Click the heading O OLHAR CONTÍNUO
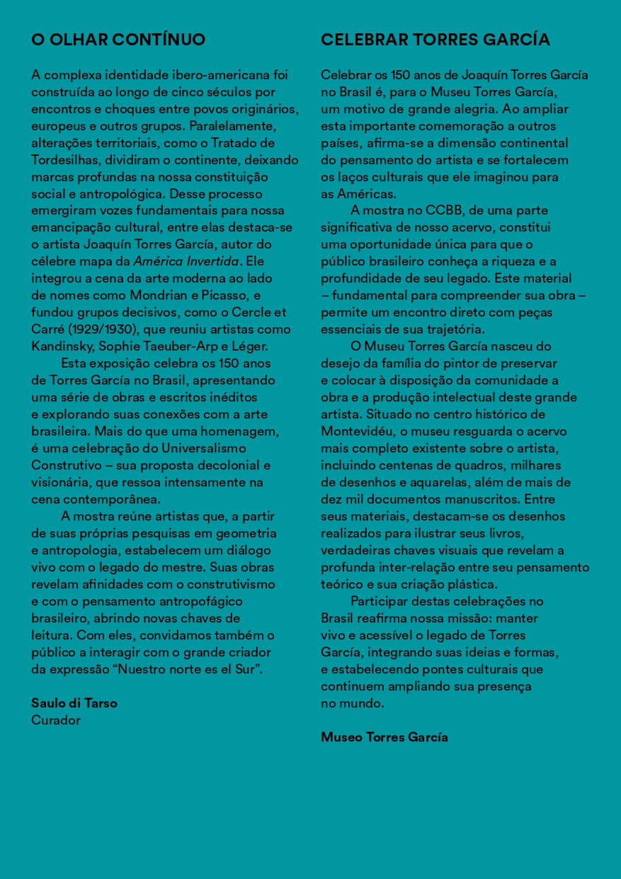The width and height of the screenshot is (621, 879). [118, 40]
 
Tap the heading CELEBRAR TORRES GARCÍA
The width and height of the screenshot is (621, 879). [435, 40]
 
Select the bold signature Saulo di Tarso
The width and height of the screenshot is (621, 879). [74, 703]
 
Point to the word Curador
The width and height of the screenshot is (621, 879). [56, 720]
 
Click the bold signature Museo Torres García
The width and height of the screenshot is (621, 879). [384, 737]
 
